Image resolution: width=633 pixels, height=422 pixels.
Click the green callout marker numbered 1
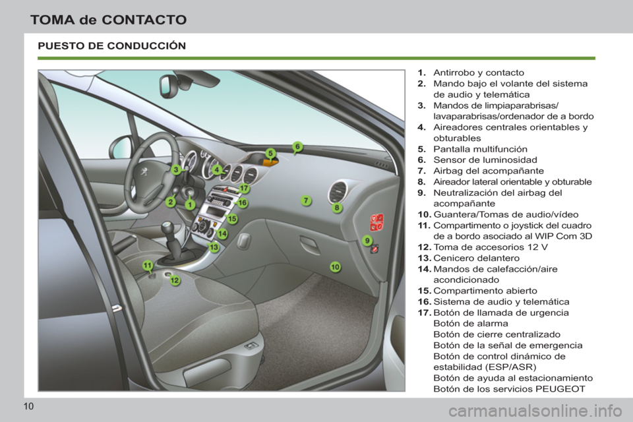189,205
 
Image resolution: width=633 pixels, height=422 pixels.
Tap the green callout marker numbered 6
297,146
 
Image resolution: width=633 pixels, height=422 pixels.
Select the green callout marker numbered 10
335,266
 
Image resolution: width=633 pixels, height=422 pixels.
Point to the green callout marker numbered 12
175,281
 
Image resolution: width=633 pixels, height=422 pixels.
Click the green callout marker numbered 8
337,208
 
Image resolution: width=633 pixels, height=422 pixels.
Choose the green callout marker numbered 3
176,169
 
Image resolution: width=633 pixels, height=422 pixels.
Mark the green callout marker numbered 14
222,233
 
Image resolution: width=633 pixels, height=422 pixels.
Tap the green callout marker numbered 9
367,241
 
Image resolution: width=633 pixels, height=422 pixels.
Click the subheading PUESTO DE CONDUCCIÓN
112,46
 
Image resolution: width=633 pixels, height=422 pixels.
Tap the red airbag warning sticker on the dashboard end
377,222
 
